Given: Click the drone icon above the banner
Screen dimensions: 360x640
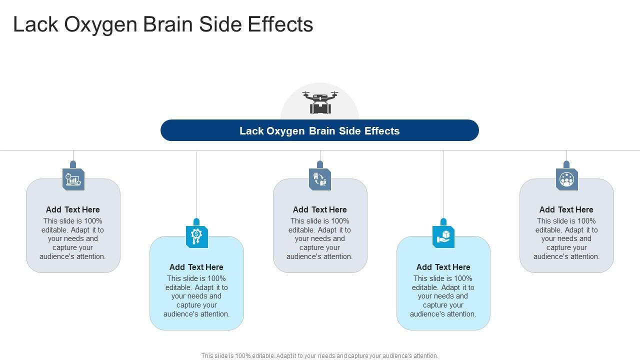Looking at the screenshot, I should click(320, 102).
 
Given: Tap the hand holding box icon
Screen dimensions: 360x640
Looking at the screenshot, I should click(443, 236).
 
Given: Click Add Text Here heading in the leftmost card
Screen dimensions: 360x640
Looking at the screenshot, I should click(73, 209).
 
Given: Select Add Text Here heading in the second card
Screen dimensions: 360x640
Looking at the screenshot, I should click(196, 267).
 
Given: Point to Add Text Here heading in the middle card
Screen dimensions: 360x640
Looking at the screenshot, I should click(320, 209).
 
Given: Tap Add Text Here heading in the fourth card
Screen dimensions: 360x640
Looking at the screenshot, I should click(443, 267).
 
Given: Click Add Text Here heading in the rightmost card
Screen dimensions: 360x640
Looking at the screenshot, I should click(566, 209).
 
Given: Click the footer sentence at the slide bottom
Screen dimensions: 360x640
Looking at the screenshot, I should click(320, 356).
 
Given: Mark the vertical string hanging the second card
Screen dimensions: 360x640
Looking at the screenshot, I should click(196, 185).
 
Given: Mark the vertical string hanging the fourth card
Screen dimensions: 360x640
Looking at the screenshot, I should click(443, 185).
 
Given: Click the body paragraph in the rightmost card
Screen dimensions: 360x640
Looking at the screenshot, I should click(566, 239).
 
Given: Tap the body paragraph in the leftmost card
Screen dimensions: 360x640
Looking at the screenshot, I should click(73, 239).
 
